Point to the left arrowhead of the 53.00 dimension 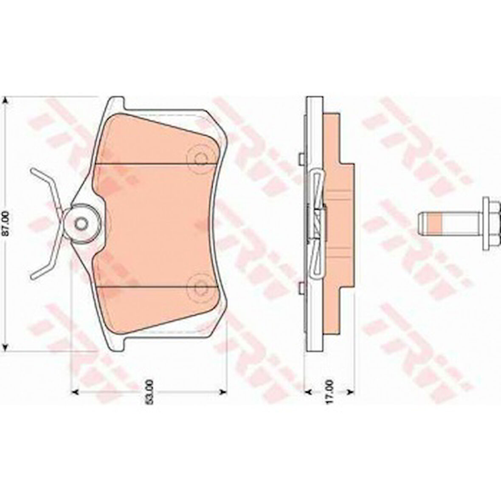pyautogui.click(x=74, y=391)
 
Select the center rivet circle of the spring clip pyautogui.click(x=81, y=223)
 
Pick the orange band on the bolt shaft pyautogui.click(x=436, y=223)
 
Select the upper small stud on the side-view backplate pyautogui.click(x=301, y=158)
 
